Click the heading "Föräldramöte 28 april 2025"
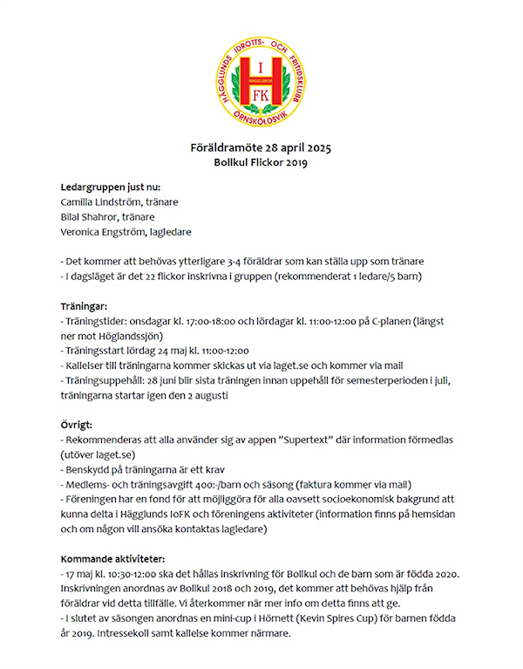point(261,147)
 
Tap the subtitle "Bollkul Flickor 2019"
point(261,162)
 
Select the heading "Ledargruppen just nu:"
point(110,187)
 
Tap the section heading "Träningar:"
point(84,306)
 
